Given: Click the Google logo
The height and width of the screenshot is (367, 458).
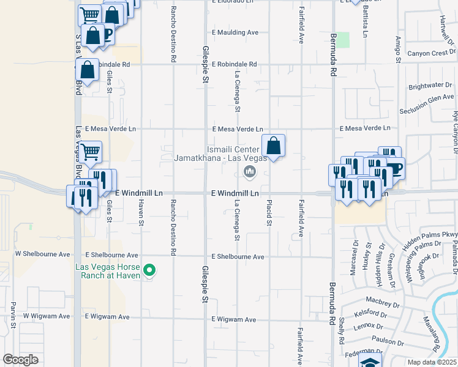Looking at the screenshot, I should pyautogui.click(x=21, y=360).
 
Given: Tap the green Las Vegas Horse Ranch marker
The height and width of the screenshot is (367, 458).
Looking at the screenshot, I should pyautogui.click(x=148, y=269).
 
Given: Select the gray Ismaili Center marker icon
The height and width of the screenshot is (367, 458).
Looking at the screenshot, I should pyautogui.click(x=249, y=172).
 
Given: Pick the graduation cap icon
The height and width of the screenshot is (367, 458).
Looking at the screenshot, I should pyautogui.click(x=370, y=361).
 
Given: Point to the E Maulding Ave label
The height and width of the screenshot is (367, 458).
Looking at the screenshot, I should pyautogui.click(x=235, y=32).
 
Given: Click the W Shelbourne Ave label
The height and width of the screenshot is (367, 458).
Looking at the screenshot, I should pyautogui.click(x=43, y=253).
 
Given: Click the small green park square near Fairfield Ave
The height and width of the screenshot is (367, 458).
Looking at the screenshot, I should pyautogui.click(x=343, y=40).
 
